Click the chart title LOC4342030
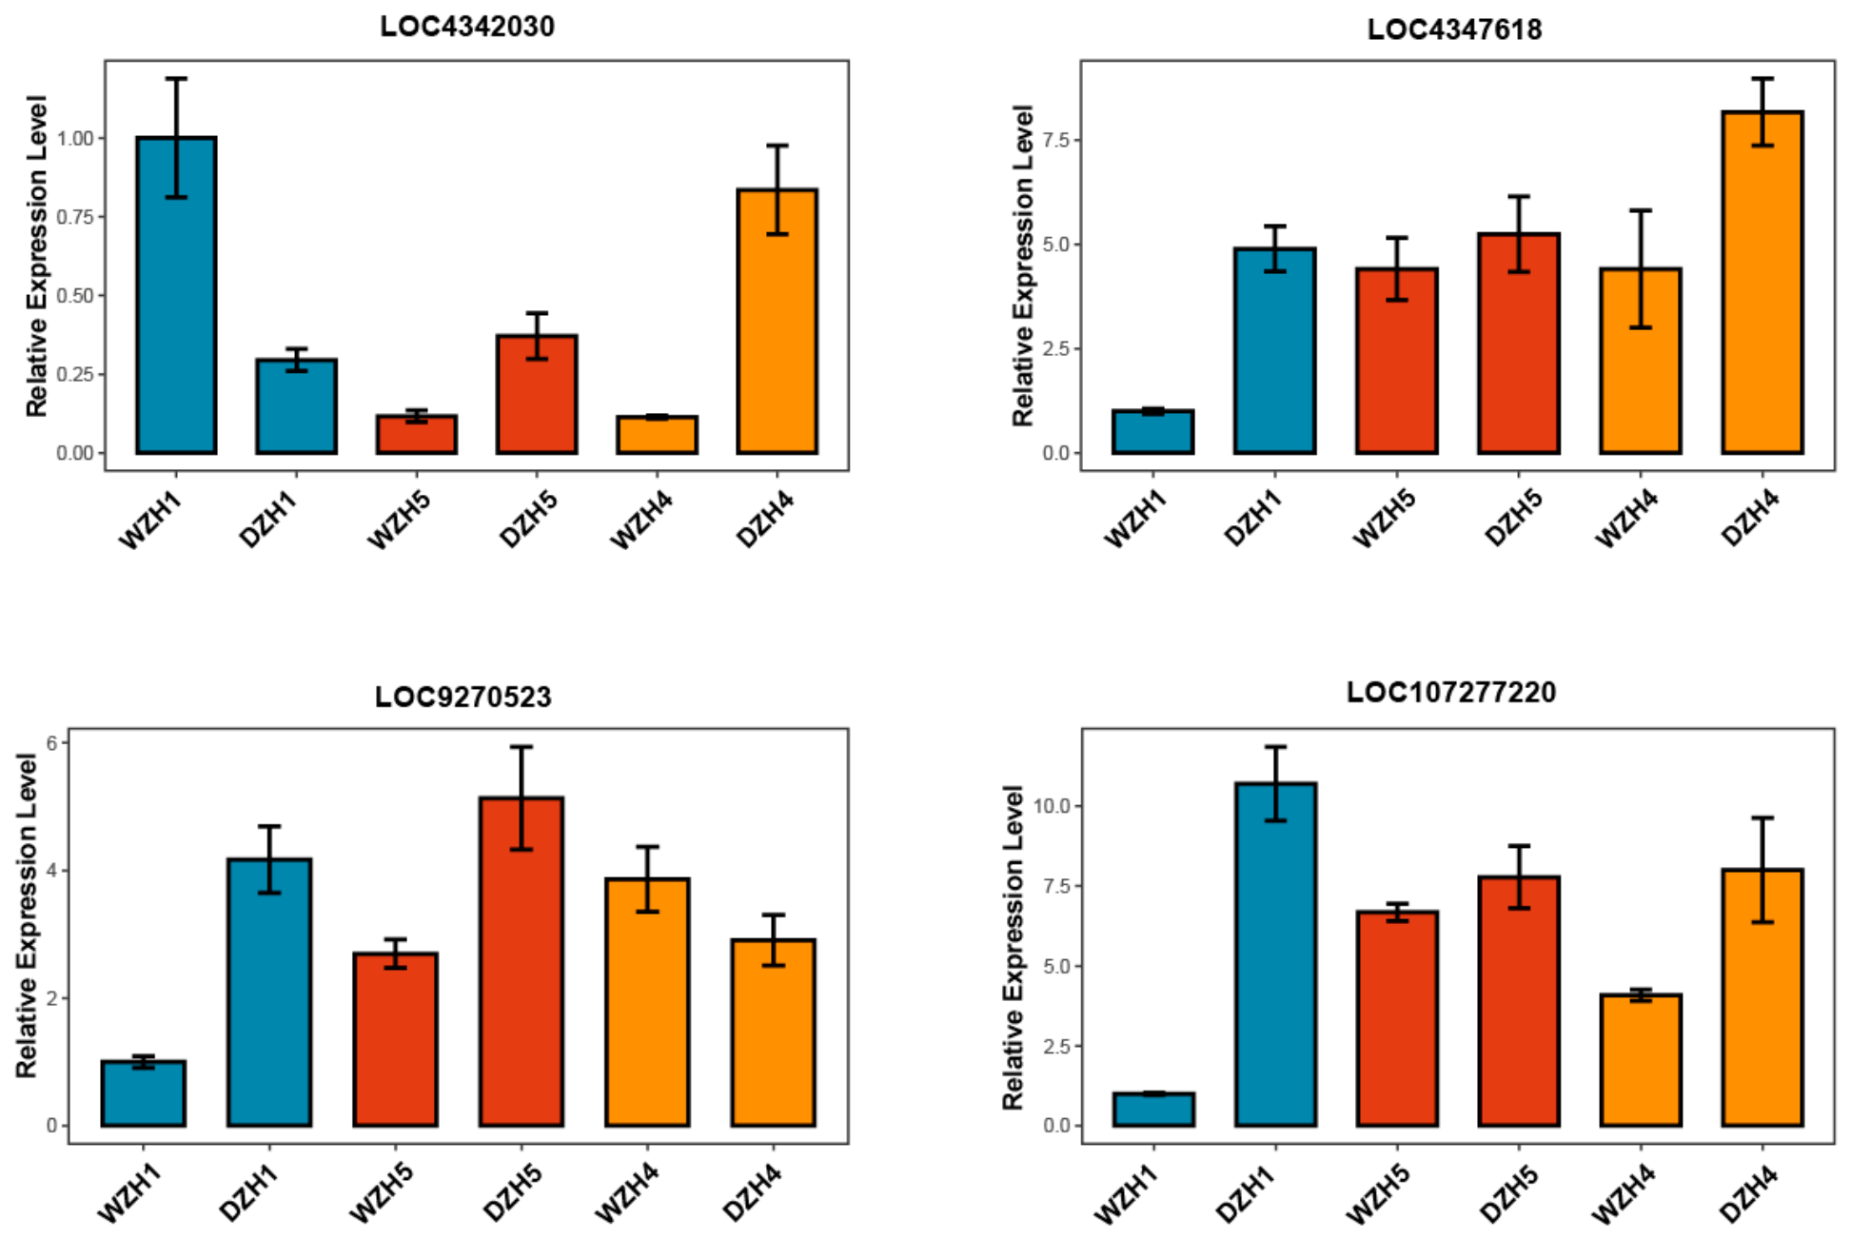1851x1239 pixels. tap(466, 26)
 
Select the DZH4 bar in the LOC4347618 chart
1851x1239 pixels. tap(1762, 283)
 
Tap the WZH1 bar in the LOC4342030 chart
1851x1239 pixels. tap(176, 295)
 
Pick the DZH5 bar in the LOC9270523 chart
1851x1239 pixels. tap(521, 962)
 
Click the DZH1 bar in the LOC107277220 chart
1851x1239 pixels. tap(1275, 954)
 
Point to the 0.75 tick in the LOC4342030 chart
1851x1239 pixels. tap(75, 217)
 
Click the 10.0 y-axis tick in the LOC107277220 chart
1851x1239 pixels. tap(1052, 806)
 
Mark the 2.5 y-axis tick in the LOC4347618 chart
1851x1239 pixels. tap(1056, 349)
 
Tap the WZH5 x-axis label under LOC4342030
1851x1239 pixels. tap(399, 520)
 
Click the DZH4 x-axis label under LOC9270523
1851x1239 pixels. tap(752, 1192)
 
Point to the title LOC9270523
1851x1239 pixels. tap(463, 697)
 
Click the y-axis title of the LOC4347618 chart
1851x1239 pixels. tap(1022, 265)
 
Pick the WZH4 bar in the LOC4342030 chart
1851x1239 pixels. tap(657, 435)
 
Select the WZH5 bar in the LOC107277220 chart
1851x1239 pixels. tap(1397, 1019)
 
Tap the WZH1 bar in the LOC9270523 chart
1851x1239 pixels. tap(144, 1093)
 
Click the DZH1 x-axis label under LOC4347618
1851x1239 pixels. tap(1253, 519)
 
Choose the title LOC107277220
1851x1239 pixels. tap(1451, 692)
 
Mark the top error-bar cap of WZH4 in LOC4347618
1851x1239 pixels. tap(1641, 210)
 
